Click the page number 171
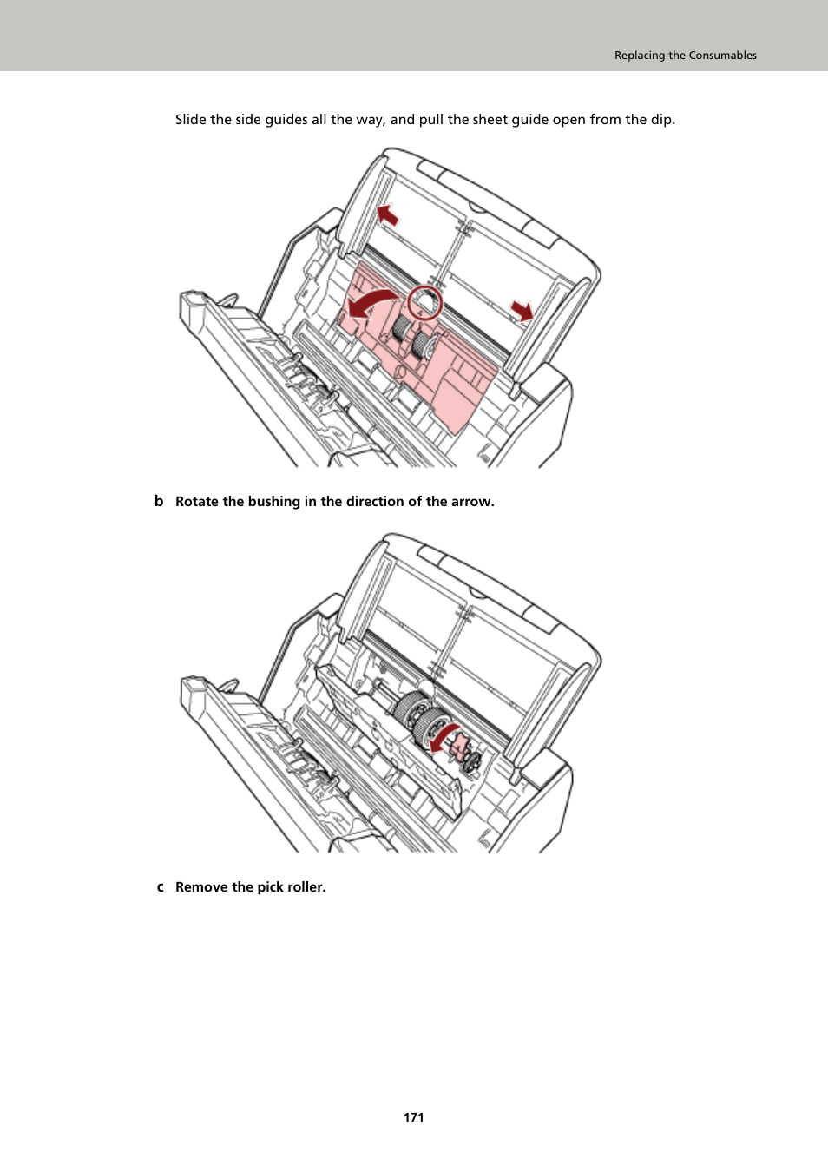point(414,1117)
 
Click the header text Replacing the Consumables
point(685,55)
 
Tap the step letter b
point(159,501)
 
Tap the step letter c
point(160,887)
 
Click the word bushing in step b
point(273,502)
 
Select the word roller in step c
point(306,887)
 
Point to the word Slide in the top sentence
point(191,120)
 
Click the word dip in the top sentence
point(661,120)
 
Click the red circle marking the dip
point(425,302)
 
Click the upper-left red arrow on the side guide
point(387,214)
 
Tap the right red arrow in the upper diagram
point(522,310)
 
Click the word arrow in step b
point(472,502)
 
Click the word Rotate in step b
point(197,502)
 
